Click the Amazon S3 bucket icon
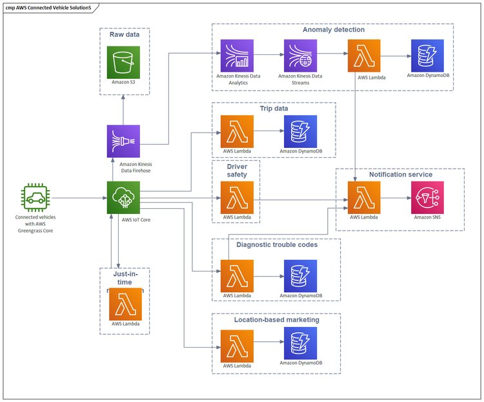[123, 63]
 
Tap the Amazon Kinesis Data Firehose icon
[123, 142]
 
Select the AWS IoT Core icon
[123, 198]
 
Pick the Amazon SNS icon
[427, 198]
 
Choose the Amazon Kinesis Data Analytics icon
[237, 56]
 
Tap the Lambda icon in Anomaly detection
[364, 56]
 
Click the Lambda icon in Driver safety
[237, 198]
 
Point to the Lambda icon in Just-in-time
[126, 304]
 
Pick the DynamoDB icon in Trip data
[300, 132]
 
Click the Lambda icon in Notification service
[364, 198]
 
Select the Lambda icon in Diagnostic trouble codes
[237, 277]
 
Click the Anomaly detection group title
[334, 29]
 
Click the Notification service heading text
[400, 175]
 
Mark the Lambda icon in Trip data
[237, 132]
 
